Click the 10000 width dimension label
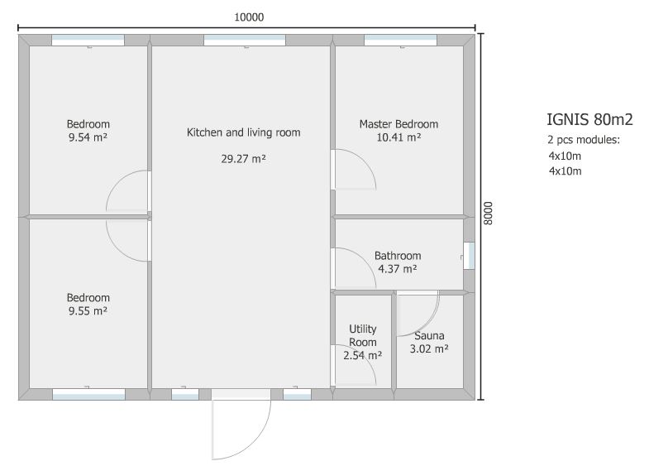[x=249, y=17]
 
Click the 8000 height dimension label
[x=489, y=214]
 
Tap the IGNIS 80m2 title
[x=589, y=119]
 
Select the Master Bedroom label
[x=398, y=124]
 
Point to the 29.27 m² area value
[x=243, y=159]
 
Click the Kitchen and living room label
[x=243, y=132]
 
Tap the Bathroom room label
[x=398, y=256]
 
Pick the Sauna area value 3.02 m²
[x=429, y=348]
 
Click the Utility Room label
[x=363, y=335]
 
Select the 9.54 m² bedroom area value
[x=88, y=137]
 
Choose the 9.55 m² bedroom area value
[x=88, y=310]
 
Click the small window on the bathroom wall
[x=469, y=256]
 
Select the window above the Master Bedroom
[x=400, y=41]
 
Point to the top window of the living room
[x=245, y=41]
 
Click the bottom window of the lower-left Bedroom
[x=88, y=394]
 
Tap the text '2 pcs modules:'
[x=584, y=140]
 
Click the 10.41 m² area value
[x=398, y=137]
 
